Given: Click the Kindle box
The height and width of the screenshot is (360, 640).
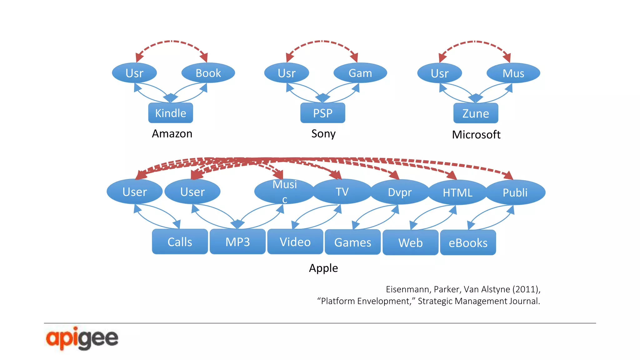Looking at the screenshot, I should pos(170,113).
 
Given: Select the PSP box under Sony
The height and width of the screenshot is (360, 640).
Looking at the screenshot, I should pos(322,113).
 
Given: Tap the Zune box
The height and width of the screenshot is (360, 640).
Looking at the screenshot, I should pos(475,113).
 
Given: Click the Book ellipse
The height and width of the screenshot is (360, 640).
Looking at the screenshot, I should pos(208,73).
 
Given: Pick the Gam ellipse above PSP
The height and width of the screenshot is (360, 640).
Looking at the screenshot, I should pos(360,73).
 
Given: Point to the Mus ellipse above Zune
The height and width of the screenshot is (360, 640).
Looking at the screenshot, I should pos(513,73).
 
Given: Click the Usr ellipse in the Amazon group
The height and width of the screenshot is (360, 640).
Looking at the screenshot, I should pos(134,73).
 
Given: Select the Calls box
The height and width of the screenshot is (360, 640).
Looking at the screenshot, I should pos(180,242).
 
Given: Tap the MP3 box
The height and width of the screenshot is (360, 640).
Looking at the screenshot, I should pos(237,242).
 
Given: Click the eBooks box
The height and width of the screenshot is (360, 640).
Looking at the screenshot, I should pos(468,242).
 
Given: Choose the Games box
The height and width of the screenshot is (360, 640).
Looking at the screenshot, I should pos(352,242).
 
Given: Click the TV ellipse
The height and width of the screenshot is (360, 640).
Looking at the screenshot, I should pos(342,192).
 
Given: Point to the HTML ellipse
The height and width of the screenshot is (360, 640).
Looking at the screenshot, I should pos(457,192).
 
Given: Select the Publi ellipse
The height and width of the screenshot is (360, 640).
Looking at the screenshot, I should pos(515,192).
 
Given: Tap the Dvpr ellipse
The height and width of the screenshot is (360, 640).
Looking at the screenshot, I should pos(400,192).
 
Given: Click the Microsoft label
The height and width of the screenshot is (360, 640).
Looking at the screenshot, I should pos(476,134).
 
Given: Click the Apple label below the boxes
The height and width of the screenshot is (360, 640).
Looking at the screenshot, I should pos(323,268).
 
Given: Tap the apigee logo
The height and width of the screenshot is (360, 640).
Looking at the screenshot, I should pos(82,338).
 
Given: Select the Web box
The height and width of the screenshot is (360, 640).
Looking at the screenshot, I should pos(410,242).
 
